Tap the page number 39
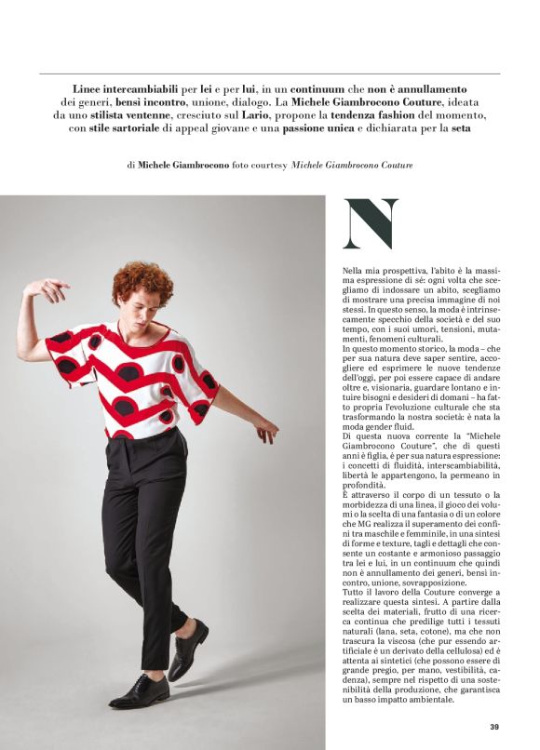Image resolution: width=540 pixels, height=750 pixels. coord(495,727)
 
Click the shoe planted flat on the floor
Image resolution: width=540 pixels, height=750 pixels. coord(140,691)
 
